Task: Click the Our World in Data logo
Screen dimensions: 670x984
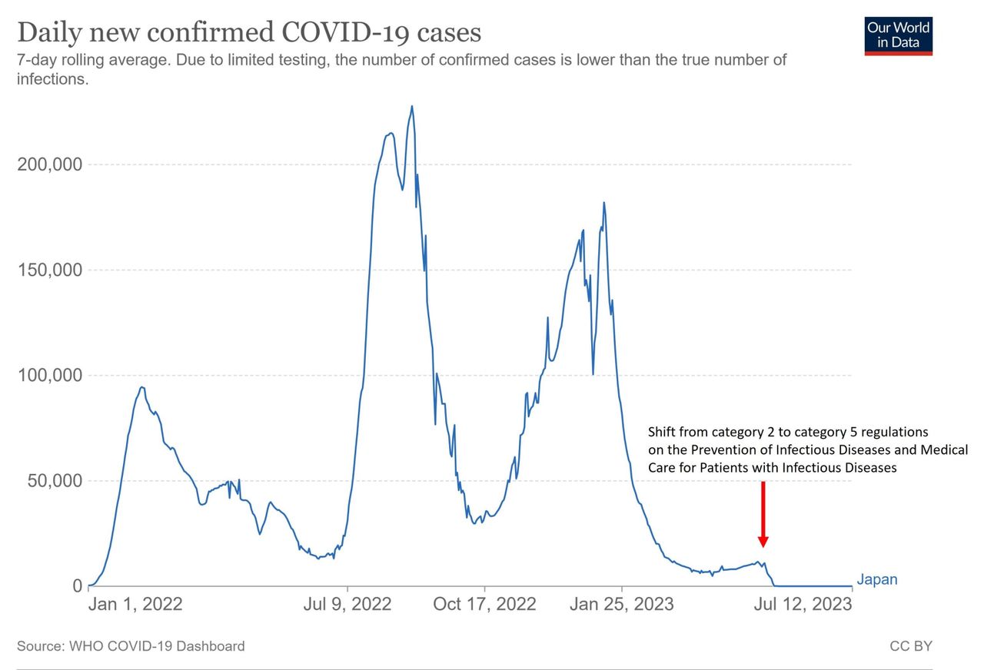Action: [898, 35]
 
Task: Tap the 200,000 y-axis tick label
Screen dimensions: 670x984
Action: [49, 164]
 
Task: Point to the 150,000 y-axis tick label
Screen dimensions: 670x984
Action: [49, 270]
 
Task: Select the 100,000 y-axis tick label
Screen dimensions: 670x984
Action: [49, 376]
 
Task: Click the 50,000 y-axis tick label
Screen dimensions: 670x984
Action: [55, 481]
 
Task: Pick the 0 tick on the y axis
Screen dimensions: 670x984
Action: [77, 586]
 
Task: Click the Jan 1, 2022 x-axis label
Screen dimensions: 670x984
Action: [135, 604]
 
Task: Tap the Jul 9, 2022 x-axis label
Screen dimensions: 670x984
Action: [347, 604]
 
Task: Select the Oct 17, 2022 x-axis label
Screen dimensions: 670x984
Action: [484, 604]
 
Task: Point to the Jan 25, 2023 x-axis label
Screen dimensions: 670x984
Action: [621, 604]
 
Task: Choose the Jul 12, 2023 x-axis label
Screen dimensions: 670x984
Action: [803, 604]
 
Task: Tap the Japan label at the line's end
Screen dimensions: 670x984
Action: [876, 580]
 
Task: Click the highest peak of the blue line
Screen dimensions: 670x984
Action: [412, 107]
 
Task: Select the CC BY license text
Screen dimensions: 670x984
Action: [910, 646]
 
